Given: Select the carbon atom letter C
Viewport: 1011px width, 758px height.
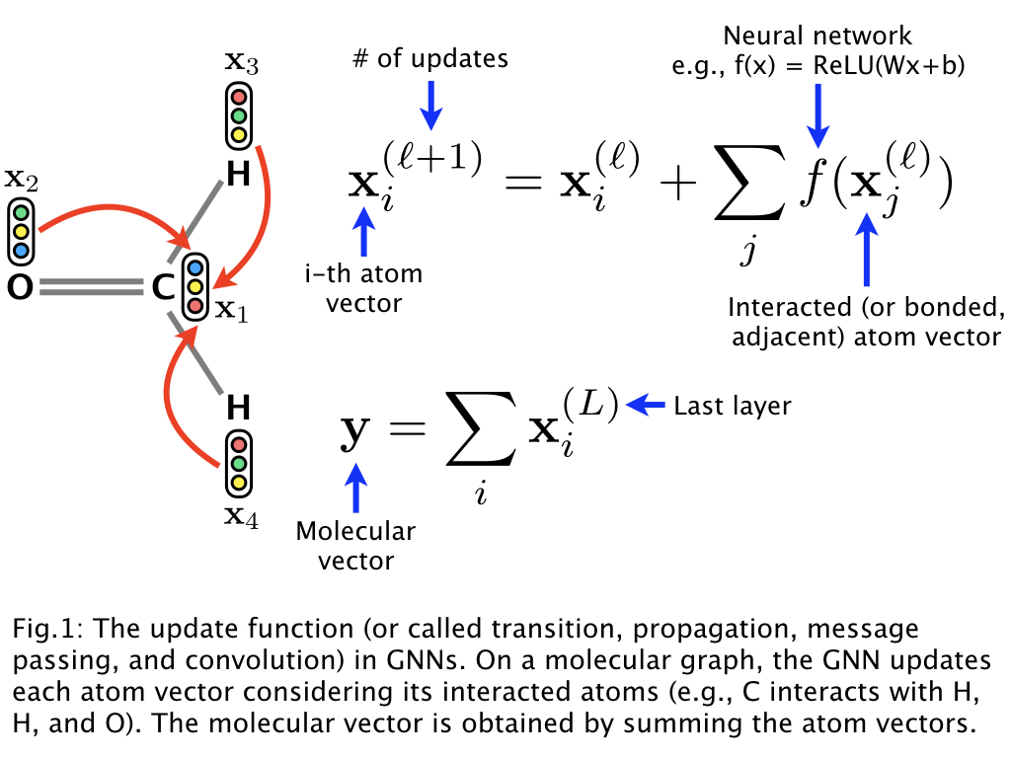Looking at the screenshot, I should click(164, 287).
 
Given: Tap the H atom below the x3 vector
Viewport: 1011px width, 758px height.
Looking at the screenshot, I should click(238, 176).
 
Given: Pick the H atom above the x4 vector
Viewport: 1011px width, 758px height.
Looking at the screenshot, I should click(238, 407).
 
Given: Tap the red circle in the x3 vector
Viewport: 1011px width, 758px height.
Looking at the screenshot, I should click(238, 98).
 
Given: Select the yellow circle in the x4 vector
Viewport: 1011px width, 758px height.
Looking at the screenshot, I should click(238, 483).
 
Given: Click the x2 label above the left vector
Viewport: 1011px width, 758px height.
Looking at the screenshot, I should click(21, 179).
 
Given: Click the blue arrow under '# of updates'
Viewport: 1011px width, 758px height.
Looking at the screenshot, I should click(430, 103).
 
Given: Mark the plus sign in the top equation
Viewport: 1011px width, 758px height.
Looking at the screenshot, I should click(674, 187).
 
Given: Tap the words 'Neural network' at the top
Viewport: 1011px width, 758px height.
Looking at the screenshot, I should click(818, 38).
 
